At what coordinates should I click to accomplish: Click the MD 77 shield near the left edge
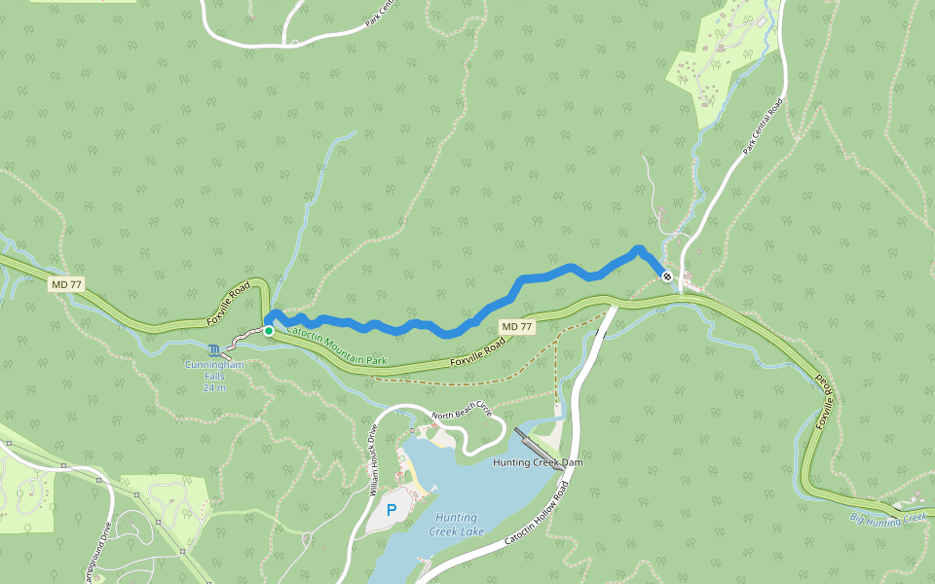pyautogui.click(x=67, y=283)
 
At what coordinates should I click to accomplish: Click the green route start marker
pyautogui.click(x=269, y=331)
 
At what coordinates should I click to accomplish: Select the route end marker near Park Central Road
pyautogui.click(x=667, y=276)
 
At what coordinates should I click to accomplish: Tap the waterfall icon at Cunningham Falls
pyautogui.click(x=214, y=348)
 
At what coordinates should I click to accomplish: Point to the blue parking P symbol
pyautogui.click(x=392, y=510)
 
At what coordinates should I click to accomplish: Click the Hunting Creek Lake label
pyautogui.click(x=457, y=525)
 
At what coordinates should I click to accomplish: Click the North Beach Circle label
pyautogui.click(x=464, y=419)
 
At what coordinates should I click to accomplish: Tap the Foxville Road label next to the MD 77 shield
pyautogui.click(x=478, y=351)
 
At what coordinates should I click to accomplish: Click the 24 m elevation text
pyautogui.click(x=214, y=387)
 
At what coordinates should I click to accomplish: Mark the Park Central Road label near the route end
pyautogui.click(x=763, y=127)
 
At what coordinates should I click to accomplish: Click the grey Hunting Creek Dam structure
pyautogui.click(x=539, y=449)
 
